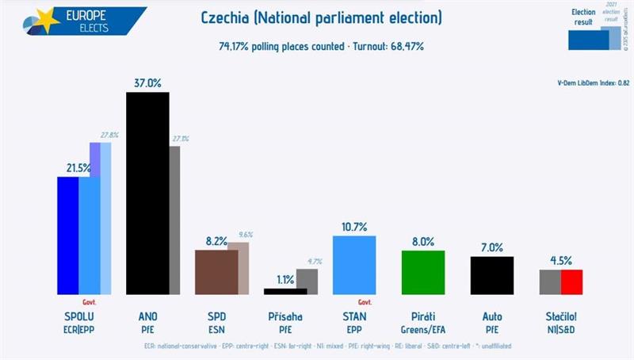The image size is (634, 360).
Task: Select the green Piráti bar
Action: [423, 272]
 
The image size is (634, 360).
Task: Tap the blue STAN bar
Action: [354, 265]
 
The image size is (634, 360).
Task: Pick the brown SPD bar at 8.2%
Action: [216, 272]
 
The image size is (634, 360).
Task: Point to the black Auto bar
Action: [492, 274]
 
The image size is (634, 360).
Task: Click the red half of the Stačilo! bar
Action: [572, 281]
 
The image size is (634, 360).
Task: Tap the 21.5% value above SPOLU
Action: [78, 167]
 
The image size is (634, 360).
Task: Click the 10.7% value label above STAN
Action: [354, 226]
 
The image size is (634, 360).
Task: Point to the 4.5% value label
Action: [561, 259]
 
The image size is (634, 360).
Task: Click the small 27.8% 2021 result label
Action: [110, 135]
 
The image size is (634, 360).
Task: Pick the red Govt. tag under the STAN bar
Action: [366, 302]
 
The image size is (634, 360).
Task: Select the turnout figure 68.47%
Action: [404, 46]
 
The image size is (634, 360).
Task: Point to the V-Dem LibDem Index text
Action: [594, 82]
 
